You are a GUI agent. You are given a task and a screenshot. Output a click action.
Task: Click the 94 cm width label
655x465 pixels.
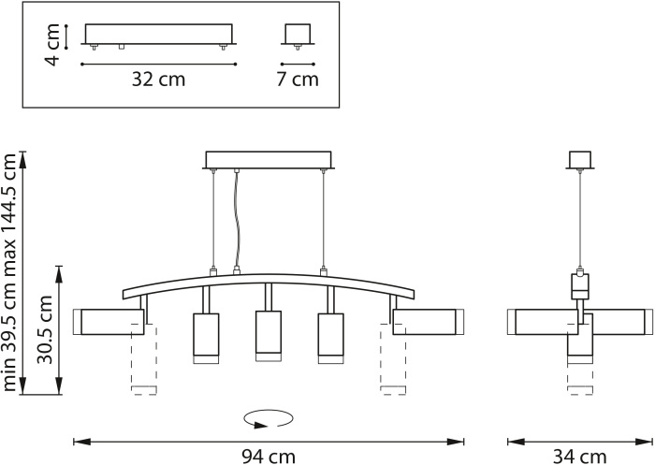point(269,457)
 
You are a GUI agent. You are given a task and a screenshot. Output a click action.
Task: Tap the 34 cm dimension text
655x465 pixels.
point(580,457)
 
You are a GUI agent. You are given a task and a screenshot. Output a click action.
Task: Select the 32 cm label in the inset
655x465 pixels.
point(158,79)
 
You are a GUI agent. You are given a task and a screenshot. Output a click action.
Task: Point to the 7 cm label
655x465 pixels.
point(298,79)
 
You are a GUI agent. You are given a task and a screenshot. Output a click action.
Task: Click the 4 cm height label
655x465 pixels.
point(52,45)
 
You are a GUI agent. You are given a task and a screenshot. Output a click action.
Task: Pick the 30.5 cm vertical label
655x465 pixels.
point(45,329)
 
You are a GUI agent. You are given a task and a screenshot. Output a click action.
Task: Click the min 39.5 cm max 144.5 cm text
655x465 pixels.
point(9,272)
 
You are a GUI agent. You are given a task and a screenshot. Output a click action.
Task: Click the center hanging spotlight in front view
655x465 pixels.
point(269,336)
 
